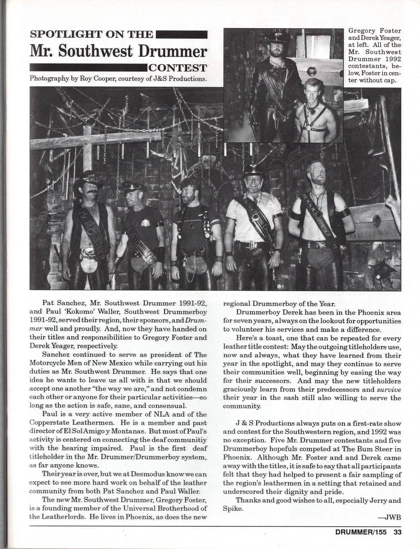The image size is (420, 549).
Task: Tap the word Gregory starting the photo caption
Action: [362, 31]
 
